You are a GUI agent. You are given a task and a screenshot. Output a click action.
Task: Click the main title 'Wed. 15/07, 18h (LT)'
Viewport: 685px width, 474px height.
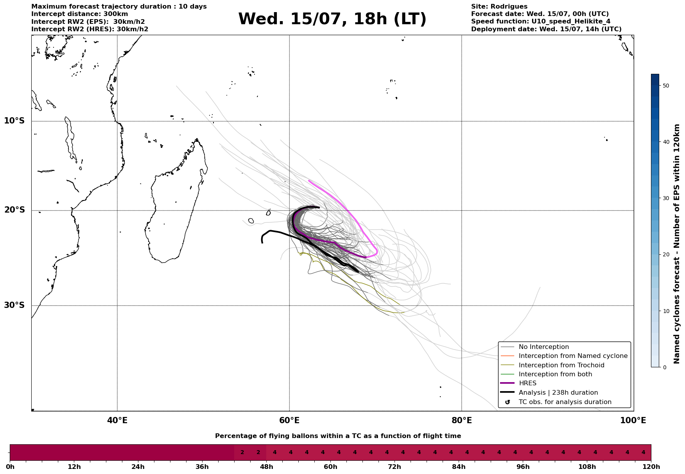pyautogui.click(x=332, y=19)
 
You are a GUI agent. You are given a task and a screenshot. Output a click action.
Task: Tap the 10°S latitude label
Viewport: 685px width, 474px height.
pyautogui.click(x=14, y=121)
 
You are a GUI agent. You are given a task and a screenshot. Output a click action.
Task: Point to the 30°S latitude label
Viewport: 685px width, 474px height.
pyautogui.click(x=14, y=305)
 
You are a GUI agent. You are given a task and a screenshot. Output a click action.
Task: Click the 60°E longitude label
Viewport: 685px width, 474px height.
pyautogui.click(x=289, y=420)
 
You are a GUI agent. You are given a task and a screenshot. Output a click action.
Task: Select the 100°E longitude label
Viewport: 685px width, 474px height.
pyautogui.click(x=633, y=420)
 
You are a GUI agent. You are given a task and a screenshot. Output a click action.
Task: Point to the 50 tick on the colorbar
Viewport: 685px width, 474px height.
pyautogui.click(x=667, y=86)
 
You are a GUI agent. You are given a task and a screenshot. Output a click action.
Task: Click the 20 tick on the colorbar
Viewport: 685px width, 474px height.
pyautogui.click(x=667, y=255)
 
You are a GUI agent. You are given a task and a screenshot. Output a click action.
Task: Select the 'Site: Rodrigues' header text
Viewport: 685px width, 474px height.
pyautogui.click(x=499, y=7)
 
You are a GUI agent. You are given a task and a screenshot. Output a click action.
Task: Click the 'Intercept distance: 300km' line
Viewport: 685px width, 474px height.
pyautogui.click(x=80, y=14)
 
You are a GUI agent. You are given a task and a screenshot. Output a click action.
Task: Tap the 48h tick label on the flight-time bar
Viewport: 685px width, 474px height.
pyautogui.click(x=267, y=467)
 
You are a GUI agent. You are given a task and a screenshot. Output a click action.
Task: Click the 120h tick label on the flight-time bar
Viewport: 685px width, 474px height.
pyautogui.click(x=651, y=467)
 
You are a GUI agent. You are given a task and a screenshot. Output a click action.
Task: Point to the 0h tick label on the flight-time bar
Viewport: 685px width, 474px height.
pyautogui.click(x=10, y=467)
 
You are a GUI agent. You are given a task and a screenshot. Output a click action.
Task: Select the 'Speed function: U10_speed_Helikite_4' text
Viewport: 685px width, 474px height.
pyautogui.click(x=541, y=21)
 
